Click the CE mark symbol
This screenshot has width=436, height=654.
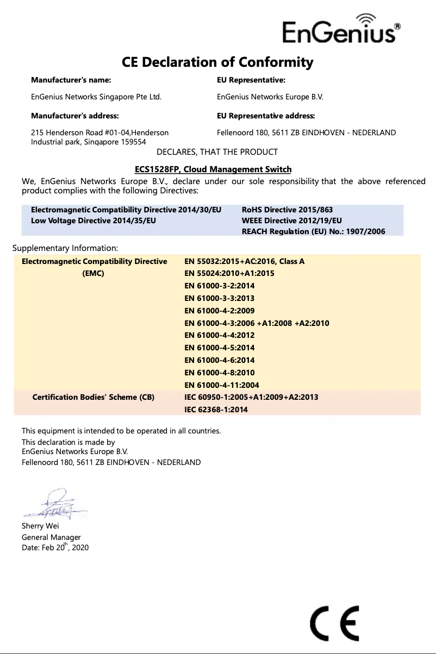(x=334, y=624)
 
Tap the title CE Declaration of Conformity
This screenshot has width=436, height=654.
(x=217, y=62)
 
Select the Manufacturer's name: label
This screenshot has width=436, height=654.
(x=71, y=80)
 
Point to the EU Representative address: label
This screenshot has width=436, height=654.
(x=266, y=116)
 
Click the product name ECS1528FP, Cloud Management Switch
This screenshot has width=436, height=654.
(x=213, y=169)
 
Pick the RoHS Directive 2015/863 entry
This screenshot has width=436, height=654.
(x=287, y=210)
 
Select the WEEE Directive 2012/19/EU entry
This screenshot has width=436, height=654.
(x=291, y=221)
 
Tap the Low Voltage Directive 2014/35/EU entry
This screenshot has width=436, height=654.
(x=94, y=221)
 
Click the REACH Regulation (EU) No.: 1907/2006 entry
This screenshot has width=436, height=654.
(x=313, y=232)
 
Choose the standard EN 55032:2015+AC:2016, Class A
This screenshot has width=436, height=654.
(x=245, y=261)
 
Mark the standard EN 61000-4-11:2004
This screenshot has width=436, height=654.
(x=222, y=385)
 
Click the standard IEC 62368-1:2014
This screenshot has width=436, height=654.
(x=216, y=410)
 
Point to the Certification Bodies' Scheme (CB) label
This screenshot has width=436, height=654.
(x=94, y=397)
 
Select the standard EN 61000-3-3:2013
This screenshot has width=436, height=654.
(x=220, y=298)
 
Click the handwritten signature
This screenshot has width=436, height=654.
(x=55, y=505)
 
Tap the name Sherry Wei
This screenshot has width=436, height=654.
(x=40, y=526)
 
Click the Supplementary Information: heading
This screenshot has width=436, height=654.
(x=65, y=249)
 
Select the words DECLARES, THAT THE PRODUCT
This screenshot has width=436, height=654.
(x=217, y=152)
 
